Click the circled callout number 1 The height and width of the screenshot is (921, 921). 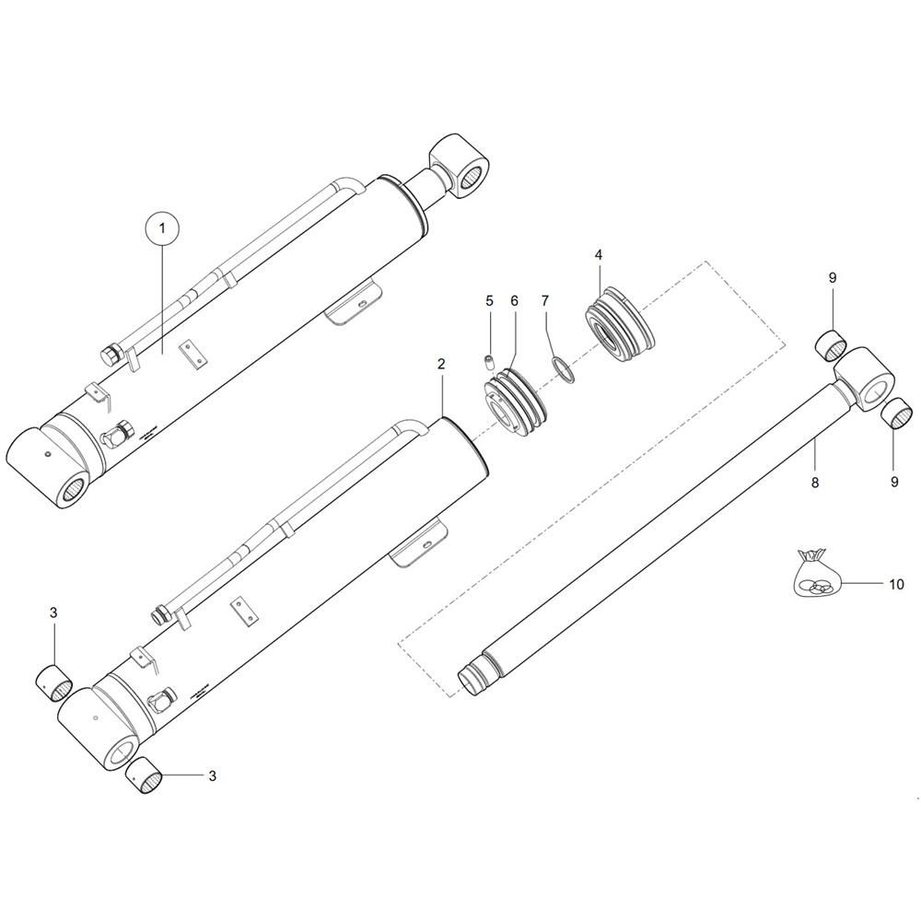click(x=162, y=226)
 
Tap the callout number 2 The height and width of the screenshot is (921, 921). click(x=441, y=365)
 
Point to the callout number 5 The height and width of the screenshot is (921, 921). click(x=490, y=301)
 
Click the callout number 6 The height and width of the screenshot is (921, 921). click(x=514, y=301)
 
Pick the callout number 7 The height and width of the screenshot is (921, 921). click(x=545, y=301)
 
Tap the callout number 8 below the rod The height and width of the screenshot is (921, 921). click(x=814, y=482)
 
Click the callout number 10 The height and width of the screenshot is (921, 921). click(x=896, y=585)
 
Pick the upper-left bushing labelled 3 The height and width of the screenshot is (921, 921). click(x=53, y=682)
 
